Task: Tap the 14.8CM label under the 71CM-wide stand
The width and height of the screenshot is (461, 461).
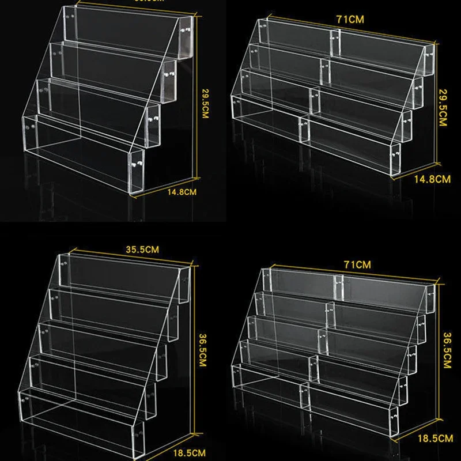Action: coord(432,179)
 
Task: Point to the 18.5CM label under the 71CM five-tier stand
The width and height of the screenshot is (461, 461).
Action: coord(436,439)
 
